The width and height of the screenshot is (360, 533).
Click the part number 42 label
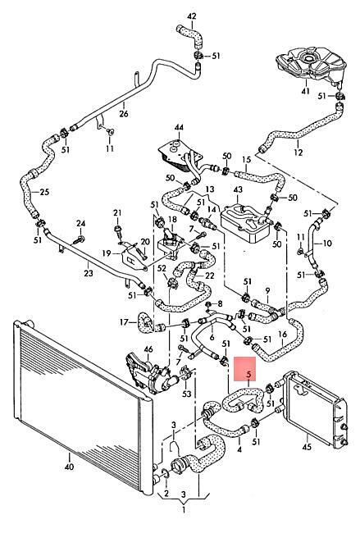192,16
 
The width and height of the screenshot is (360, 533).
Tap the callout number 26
124,113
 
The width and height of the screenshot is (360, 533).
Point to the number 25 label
44,192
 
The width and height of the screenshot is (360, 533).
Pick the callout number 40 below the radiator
69,467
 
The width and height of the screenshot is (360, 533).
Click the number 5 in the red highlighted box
248,375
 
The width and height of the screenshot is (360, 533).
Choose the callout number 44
179,128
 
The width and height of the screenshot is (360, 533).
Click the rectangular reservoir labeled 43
245,223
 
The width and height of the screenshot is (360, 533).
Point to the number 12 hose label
298,153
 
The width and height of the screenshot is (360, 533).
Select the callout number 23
89,273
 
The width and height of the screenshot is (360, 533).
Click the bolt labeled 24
78,239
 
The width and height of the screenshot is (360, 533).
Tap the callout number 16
282,334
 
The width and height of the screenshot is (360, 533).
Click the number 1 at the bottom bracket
184,509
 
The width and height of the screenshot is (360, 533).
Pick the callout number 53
187,394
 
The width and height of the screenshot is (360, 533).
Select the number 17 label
125,321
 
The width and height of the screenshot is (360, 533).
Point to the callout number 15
247,159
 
